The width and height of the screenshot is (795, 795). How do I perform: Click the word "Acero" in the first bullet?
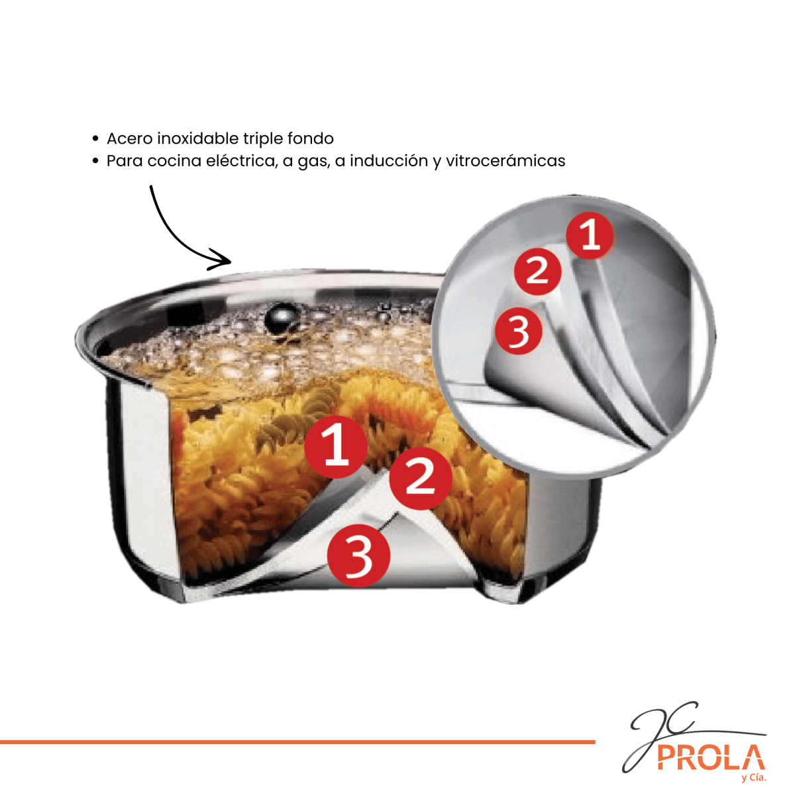pyautogui.click(x=130, y=138)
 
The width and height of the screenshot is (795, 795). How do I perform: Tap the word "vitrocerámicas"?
pyautogui.click(x=505, y=161)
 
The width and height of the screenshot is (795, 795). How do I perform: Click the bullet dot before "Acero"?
pyautogui.click(x=95, y=139)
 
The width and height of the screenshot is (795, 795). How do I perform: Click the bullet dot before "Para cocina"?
pyautogui.click(x=95, y=161)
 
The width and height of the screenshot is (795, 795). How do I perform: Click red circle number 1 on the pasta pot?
pyautogui.click(x=336, y=447)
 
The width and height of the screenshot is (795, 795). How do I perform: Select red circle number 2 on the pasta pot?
pyautogui.click(x=421, y=478)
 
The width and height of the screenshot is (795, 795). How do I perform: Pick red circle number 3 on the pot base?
pyautogui.click(x=358, y=556)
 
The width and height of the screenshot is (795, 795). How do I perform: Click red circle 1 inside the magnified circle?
pyautogui.click(x=590, y=236)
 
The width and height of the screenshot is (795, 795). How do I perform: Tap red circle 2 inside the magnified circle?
pyautogui.click(x=537, y=271)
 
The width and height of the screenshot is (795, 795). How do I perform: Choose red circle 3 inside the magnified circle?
pyautogui.click(x=519, y=331)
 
